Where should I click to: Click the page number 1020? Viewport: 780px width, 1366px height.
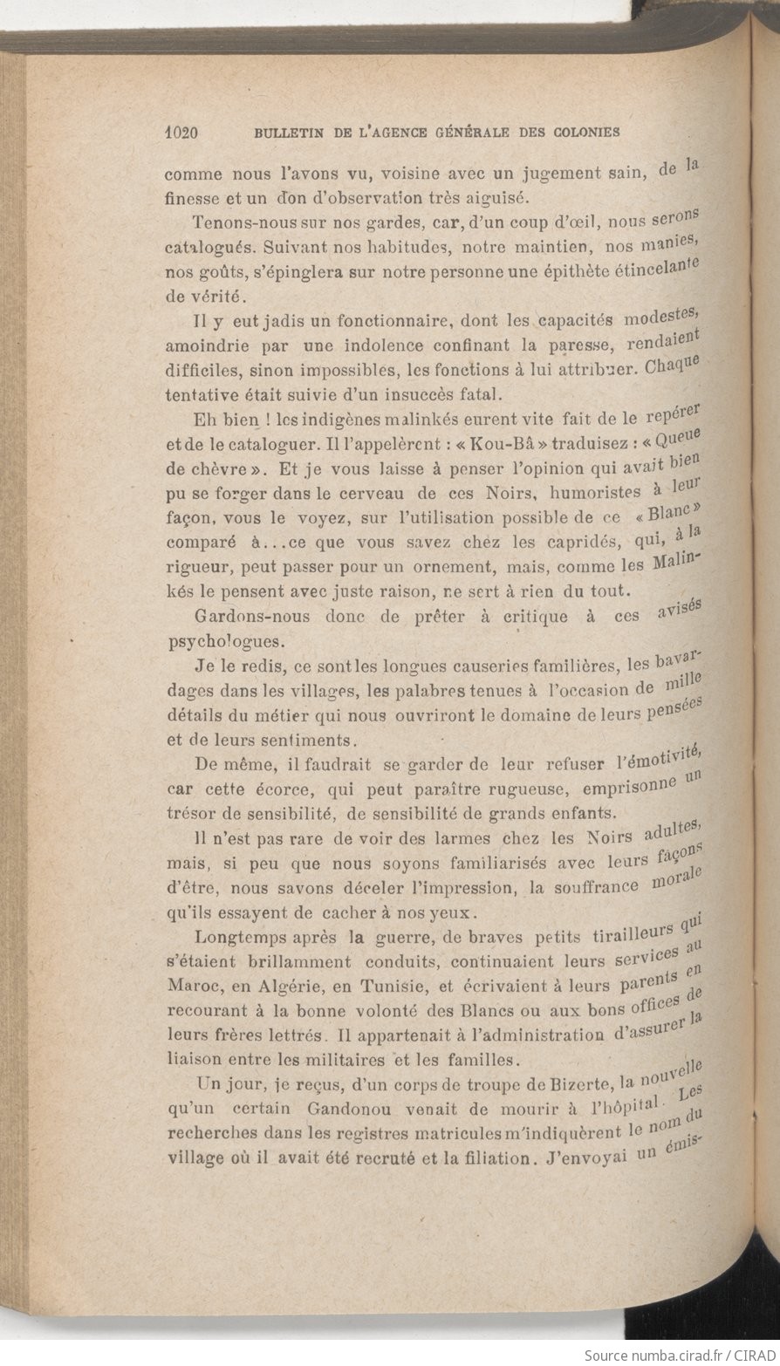tap(182, 133)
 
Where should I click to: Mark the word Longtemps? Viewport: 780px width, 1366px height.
tap(243, 939)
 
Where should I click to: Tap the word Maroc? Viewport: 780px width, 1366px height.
tap(189, 987)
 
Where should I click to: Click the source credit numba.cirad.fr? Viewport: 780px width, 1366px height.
tap(660, 1355)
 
